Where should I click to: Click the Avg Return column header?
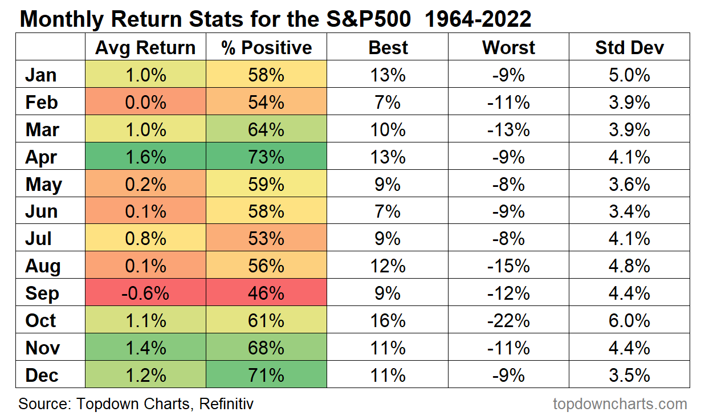tap(145, 47)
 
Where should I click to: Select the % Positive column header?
tap(267, 47)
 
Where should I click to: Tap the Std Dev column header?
tap(629, 47)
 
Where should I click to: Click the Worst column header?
tap(508, 47)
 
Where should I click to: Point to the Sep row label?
tap(42, 293)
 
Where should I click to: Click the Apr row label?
tap(41, 157)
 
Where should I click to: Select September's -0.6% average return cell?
tap(145, 293)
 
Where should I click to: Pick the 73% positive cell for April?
tap(267, 157)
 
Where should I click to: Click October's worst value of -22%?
tap(508, 321)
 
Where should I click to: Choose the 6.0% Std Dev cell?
tap(629, 321)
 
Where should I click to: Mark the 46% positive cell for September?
tap(267, 293)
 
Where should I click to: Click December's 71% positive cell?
tap(267, 376)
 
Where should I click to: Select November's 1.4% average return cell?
tap(145, 348)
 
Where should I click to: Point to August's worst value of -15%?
tap(508, 266)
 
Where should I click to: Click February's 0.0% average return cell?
tap(145, 103)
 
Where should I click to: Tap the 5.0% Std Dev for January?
tap(629, 75)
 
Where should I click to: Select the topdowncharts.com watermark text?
tap(620, 404)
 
